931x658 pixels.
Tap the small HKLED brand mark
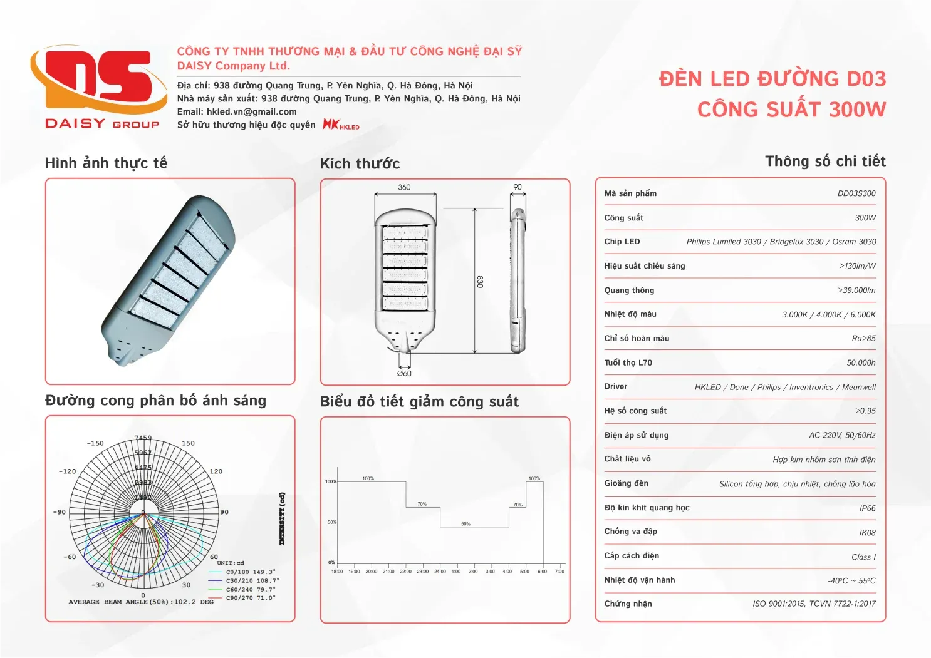341,125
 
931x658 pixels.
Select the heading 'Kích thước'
360,164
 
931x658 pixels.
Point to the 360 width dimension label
404,187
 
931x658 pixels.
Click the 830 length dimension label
480,282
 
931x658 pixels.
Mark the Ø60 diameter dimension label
404,373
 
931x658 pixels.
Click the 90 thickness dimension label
518,187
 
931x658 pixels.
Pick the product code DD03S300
856,193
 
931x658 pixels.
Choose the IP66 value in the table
867,508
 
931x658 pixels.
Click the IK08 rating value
867,533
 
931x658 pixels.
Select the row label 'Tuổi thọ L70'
628,362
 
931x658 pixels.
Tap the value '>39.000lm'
856,290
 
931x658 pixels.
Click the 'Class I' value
863,557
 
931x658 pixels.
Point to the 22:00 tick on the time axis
405,571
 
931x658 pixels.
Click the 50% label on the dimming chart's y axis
331,522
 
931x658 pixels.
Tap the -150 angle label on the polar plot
95,443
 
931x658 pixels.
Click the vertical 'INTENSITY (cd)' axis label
282,518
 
